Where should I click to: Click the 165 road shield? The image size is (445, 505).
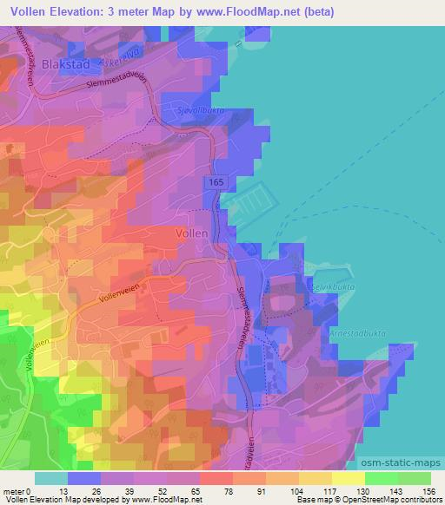[x=214, y=180]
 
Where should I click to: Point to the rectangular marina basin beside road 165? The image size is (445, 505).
[x=249, y=207]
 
